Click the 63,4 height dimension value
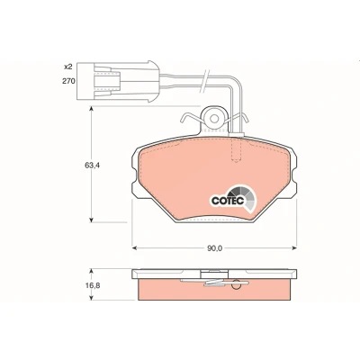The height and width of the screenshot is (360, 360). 92,165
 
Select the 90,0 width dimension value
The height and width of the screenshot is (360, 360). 215,248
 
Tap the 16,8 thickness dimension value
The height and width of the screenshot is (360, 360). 93,285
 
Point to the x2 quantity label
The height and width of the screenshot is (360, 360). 68,67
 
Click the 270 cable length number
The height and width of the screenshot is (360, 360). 68,81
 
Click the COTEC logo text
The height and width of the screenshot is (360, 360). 228,201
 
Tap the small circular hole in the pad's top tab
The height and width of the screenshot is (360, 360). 214,118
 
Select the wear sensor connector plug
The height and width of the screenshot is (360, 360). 118,81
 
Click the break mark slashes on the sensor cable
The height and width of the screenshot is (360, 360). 204,80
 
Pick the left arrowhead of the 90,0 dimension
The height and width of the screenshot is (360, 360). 135,247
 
